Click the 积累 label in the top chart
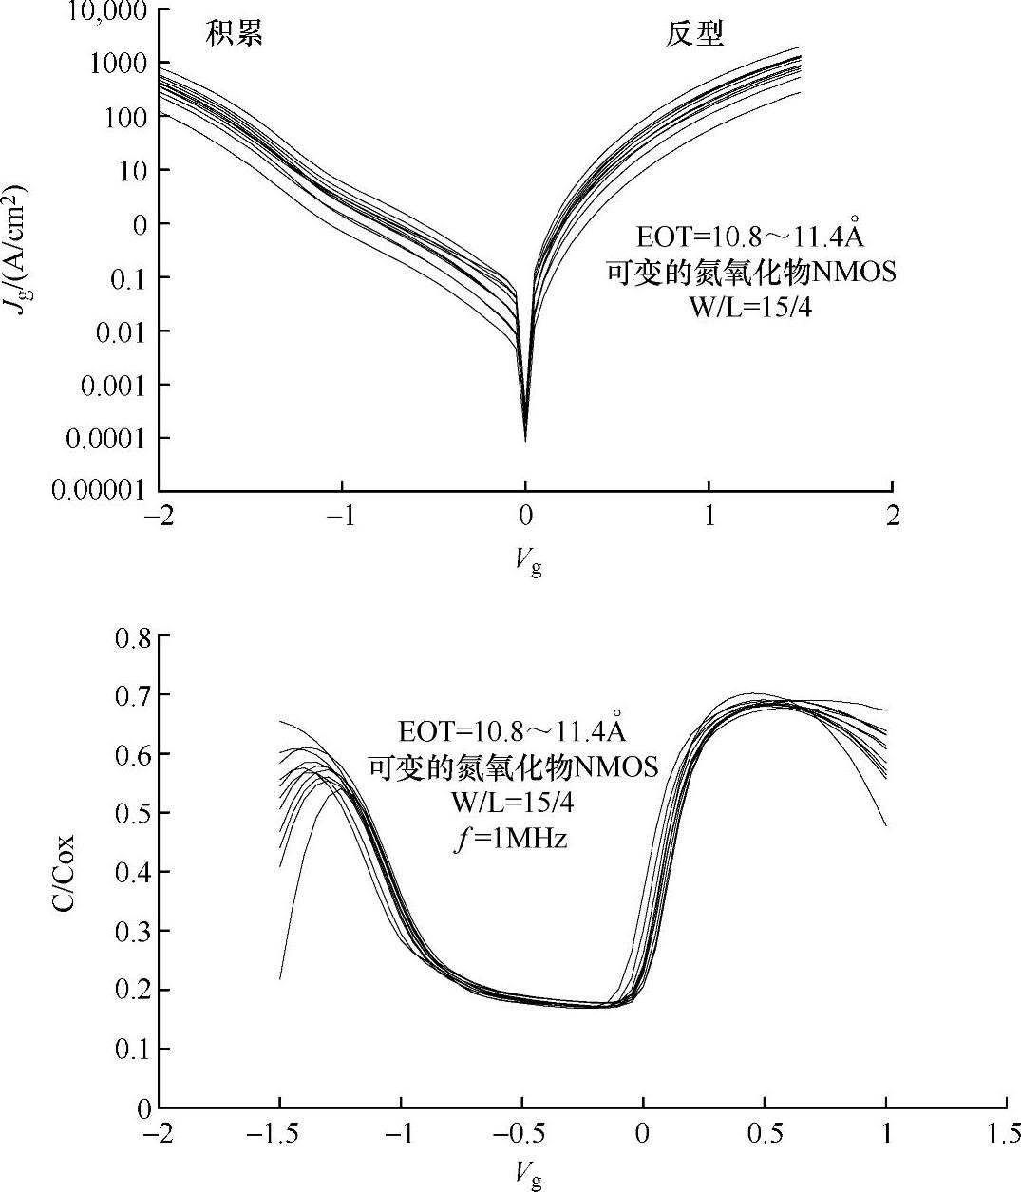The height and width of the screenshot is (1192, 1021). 234,34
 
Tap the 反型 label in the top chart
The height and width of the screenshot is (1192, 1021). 693,34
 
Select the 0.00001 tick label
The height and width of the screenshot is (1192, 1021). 98,490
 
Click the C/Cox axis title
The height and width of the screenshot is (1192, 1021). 62,872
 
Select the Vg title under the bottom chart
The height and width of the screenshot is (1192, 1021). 528,1175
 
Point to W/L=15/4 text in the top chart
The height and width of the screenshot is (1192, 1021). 750,307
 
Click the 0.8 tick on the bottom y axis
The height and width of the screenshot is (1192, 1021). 132,637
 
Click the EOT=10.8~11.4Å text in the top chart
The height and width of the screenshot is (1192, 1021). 750,234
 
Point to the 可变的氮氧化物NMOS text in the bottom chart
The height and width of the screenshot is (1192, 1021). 513,766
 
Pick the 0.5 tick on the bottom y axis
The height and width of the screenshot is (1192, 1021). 132,813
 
